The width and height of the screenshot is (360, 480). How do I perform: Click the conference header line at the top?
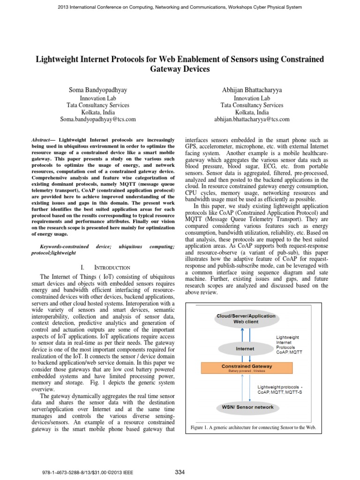click(180, 7)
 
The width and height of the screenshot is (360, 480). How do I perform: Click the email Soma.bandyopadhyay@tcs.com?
click(97, 120)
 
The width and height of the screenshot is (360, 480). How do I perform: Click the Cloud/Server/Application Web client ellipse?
click(245, 319)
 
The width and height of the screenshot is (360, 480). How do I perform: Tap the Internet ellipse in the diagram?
click(245, 349)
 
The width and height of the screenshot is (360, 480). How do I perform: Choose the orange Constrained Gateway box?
click(245, 368)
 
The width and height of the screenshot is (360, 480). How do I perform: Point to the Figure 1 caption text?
click(254, 428)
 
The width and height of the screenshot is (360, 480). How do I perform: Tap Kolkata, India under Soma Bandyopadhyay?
click(97, 112)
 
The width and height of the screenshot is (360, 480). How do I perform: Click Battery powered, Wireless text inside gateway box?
click(245, 371)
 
